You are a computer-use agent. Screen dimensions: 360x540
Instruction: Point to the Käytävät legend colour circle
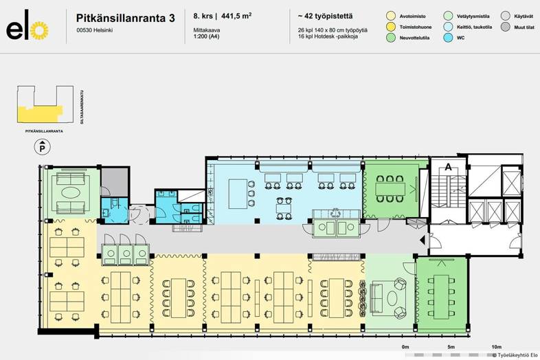pyautogui.click(x=506, y=15)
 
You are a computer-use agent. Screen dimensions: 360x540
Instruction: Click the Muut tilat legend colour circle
pyautogui.click(x=506, y=26)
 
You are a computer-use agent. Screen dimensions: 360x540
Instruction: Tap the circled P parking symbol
pyautogui.click(x=42, y=147)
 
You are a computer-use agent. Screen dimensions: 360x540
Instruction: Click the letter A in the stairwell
pyautogui.click(x=448, y=167)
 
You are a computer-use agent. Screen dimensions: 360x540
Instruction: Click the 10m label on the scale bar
pyautogui.click(x=496, y=347)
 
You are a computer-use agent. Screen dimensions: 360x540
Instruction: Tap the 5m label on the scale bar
pyautogui.click(x=451, y=347)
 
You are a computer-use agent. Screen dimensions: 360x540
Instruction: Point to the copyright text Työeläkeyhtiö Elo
pyautogui.click(x=515, y=355)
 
